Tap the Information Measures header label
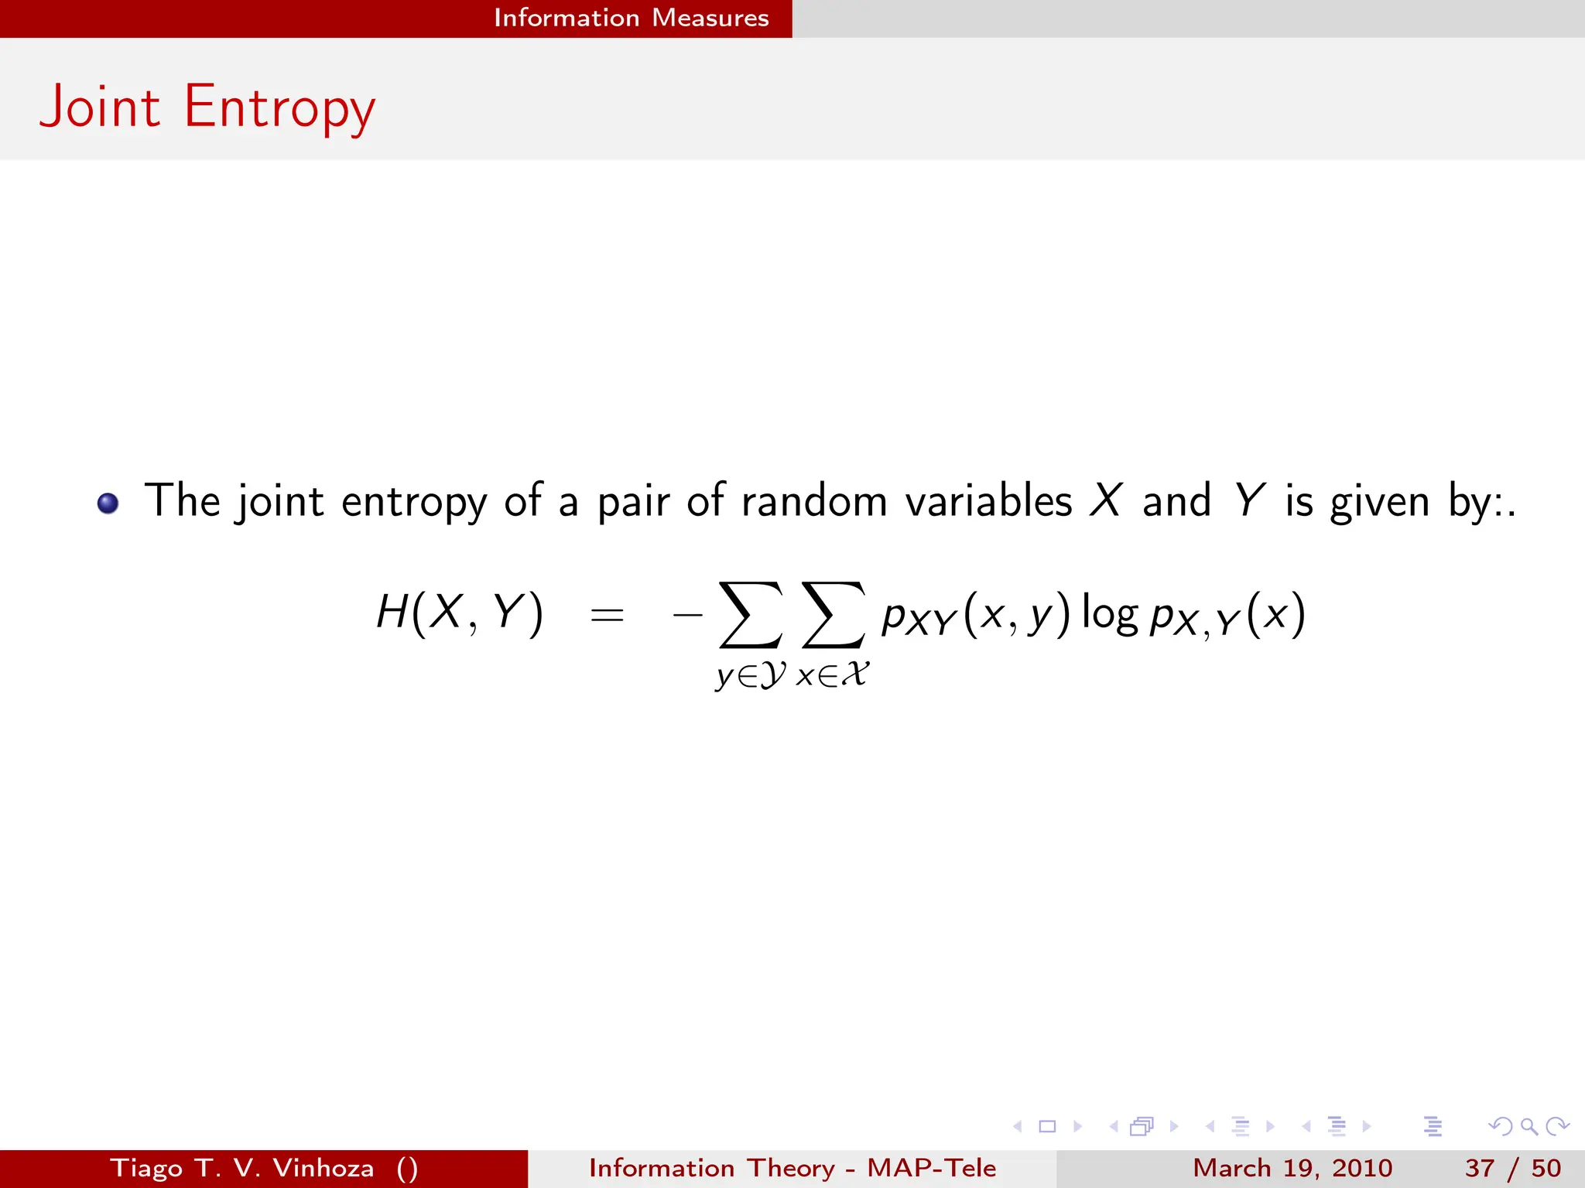631,18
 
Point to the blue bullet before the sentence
108,504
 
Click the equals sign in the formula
607,616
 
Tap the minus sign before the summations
687,616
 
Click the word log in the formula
1109,614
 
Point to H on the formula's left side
392,613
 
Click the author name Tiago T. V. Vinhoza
242,1168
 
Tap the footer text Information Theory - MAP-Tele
792,1168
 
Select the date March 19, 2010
1292,1168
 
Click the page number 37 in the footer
1479,1168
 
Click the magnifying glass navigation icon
1529,1127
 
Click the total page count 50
1546,1168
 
